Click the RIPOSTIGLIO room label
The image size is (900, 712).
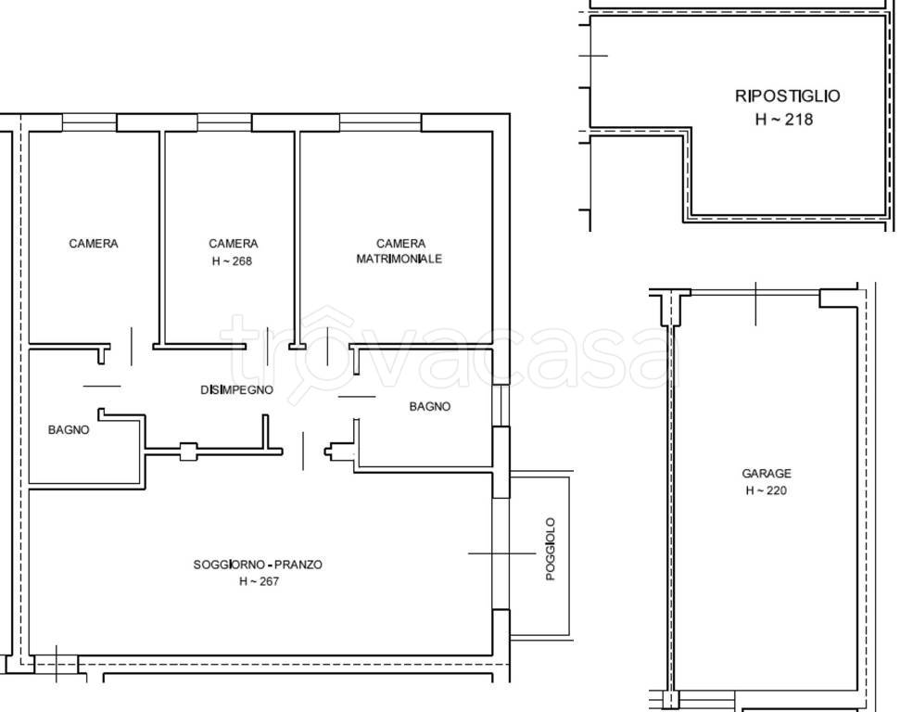(x=788, y=95)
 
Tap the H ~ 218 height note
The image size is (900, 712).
(x=784, y=120)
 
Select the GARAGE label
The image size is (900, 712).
(x=767, y=474)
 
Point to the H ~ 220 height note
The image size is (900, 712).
(x=766, y=490)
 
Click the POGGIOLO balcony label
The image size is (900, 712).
(x=551, y=549)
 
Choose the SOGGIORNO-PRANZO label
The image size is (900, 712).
(x=258, y=565)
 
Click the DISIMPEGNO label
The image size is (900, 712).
(x=236, y=390)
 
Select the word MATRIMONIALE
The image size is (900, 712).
(x=399, y=259)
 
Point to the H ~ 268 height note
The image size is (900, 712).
(x=232, y=261)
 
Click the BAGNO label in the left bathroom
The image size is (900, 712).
(x=69, y=429)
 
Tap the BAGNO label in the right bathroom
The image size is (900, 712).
(x=430, y=407)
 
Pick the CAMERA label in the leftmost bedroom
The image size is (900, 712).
(x=94, y=244)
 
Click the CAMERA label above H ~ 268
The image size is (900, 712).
(x=233, y=244)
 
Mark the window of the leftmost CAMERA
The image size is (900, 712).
(x=89, y=123)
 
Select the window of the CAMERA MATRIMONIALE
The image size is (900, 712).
(x=381, y=123)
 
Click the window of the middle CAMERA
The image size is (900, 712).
(x=224, y=123)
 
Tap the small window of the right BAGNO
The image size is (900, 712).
(x=501, y=405)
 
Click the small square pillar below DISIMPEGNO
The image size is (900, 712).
(x=188, y=451)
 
